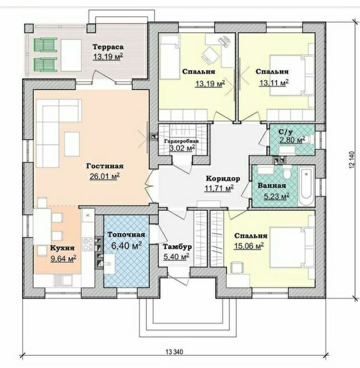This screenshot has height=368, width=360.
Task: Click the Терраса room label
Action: pyautogui.click(x=108, y=47)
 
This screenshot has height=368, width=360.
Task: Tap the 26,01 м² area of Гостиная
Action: pyautogui.click(x=105, y=176)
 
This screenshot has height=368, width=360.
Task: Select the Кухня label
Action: pyautogui.click(x=63, y=248)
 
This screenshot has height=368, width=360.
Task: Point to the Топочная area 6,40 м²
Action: pyautogui.click(x=126, y=246)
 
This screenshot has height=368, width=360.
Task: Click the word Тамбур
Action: pyautogui.click(x=177, y=247)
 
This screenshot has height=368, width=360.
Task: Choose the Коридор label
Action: pyautogui.click(x=223, y=178)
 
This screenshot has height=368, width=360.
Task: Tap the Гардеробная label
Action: pyautogui.click(x=182, y=141)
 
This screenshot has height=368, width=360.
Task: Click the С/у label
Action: pyautogui.click(x=286, y=132)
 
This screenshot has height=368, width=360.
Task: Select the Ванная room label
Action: pyautogui.click(x=272, y=185)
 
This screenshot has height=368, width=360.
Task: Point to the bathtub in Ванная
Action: pyautogui.click(x=306, y=186)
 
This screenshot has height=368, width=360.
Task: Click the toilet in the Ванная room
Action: pyautogui.click(x=286, y=173)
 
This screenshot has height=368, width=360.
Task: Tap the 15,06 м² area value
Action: pyautogui.click(x=249, y=245)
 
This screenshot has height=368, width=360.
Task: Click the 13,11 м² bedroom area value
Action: pyautogui.click(x=274, y=83)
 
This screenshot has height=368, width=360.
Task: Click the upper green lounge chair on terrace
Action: pyautogui.click(x=46, y=45)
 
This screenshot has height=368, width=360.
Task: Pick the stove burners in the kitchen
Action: pyautogui.click(x=88, y=244)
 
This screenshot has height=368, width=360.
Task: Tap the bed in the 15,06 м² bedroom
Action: pyautogui.click(x=292, y=247)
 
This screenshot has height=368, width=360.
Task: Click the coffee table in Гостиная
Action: pyautogui.click(x=72, y=144)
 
